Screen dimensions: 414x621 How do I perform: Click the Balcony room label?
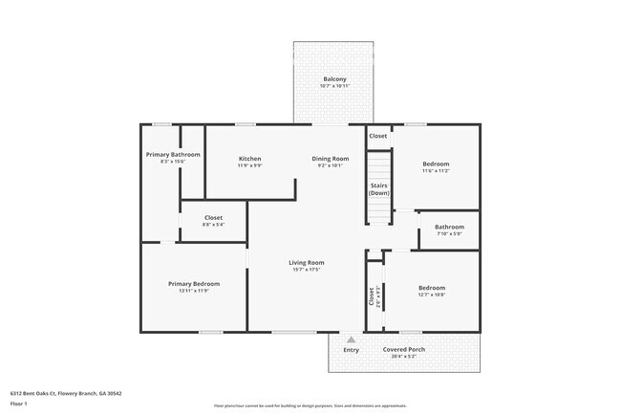(x=334, y=78)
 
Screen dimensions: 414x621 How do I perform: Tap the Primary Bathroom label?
(x=173, y=155)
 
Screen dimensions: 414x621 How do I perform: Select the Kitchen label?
(x=250, y=159)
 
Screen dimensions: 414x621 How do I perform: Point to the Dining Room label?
(x=331, y=159)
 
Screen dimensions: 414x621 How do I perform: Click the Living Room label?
(x=307, y=263)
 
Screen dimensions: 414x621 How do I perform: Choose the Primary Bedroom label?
(x=194, y=284)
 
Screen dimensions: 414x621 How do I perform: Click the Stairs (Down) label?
(x=379, y=189)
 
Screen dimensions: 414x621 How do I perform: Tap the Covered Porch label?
(x=404, y=350)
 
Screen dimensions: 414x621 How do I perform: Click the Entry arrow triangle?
(x=351, y=338)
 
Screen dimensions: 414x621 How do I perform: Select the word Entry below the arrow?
(x=351, y=350)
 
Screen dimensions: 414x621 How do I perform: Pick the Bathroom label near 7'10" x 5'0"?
(x=449, y=227)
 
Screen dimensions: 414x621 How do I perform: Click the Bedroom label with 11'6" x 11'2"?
(x=436, y=163)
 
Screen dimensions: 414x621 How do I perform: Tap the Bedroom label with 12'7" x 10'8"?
(x=431, y=288)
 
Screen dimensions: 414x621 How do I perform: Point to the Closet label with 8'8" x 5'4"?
(x=213, y=218)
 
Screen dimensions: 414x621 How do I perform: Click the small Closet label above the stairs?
(x=378, y=136)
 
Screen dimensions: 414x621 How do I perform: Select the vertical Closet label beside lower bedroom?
(x=372, y=296)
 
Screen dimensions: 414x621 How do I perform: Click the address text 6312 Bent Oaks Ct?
(x=66, y=393)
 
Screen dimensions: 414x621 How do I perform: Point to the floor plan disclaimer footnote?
(x=310, y=405)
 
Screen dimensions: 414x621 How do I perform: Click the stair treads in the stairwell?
(x=379, y=210)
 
